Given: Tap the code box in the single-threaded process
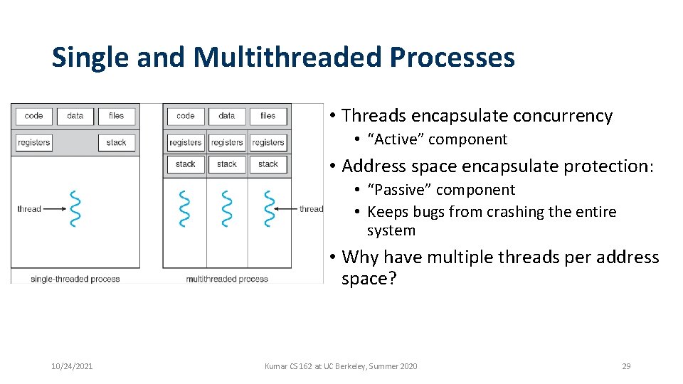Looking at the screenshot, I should [x=33, y=116].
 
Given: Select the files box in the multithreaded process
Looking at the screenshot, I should [x=268, y=116].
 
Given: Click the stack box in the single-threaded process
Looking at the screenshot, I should [x=116, y=142].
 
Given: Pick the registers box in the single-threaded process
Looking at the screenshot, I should [x=33, y=142].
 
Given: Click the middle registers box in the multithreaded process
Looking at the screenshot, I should [x=227, y=142].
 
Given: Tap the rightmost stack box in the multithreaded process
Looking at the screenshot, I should [x=268, y=164].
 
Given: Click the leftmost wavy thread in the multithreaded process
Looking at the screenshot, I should [x=185, y=208].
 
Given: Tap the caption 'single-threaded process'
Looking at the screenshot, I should [x=75, y=279].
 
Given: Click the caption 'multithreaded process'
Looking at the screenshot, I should [x=227, y=279].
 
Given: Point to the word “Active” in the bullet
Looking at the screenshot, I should [x=396, y=139].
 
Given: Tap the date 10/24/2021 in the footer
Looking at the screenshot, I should [x=72, y=366].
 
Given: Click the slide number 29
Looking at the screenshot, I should [x=626, y=366].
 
